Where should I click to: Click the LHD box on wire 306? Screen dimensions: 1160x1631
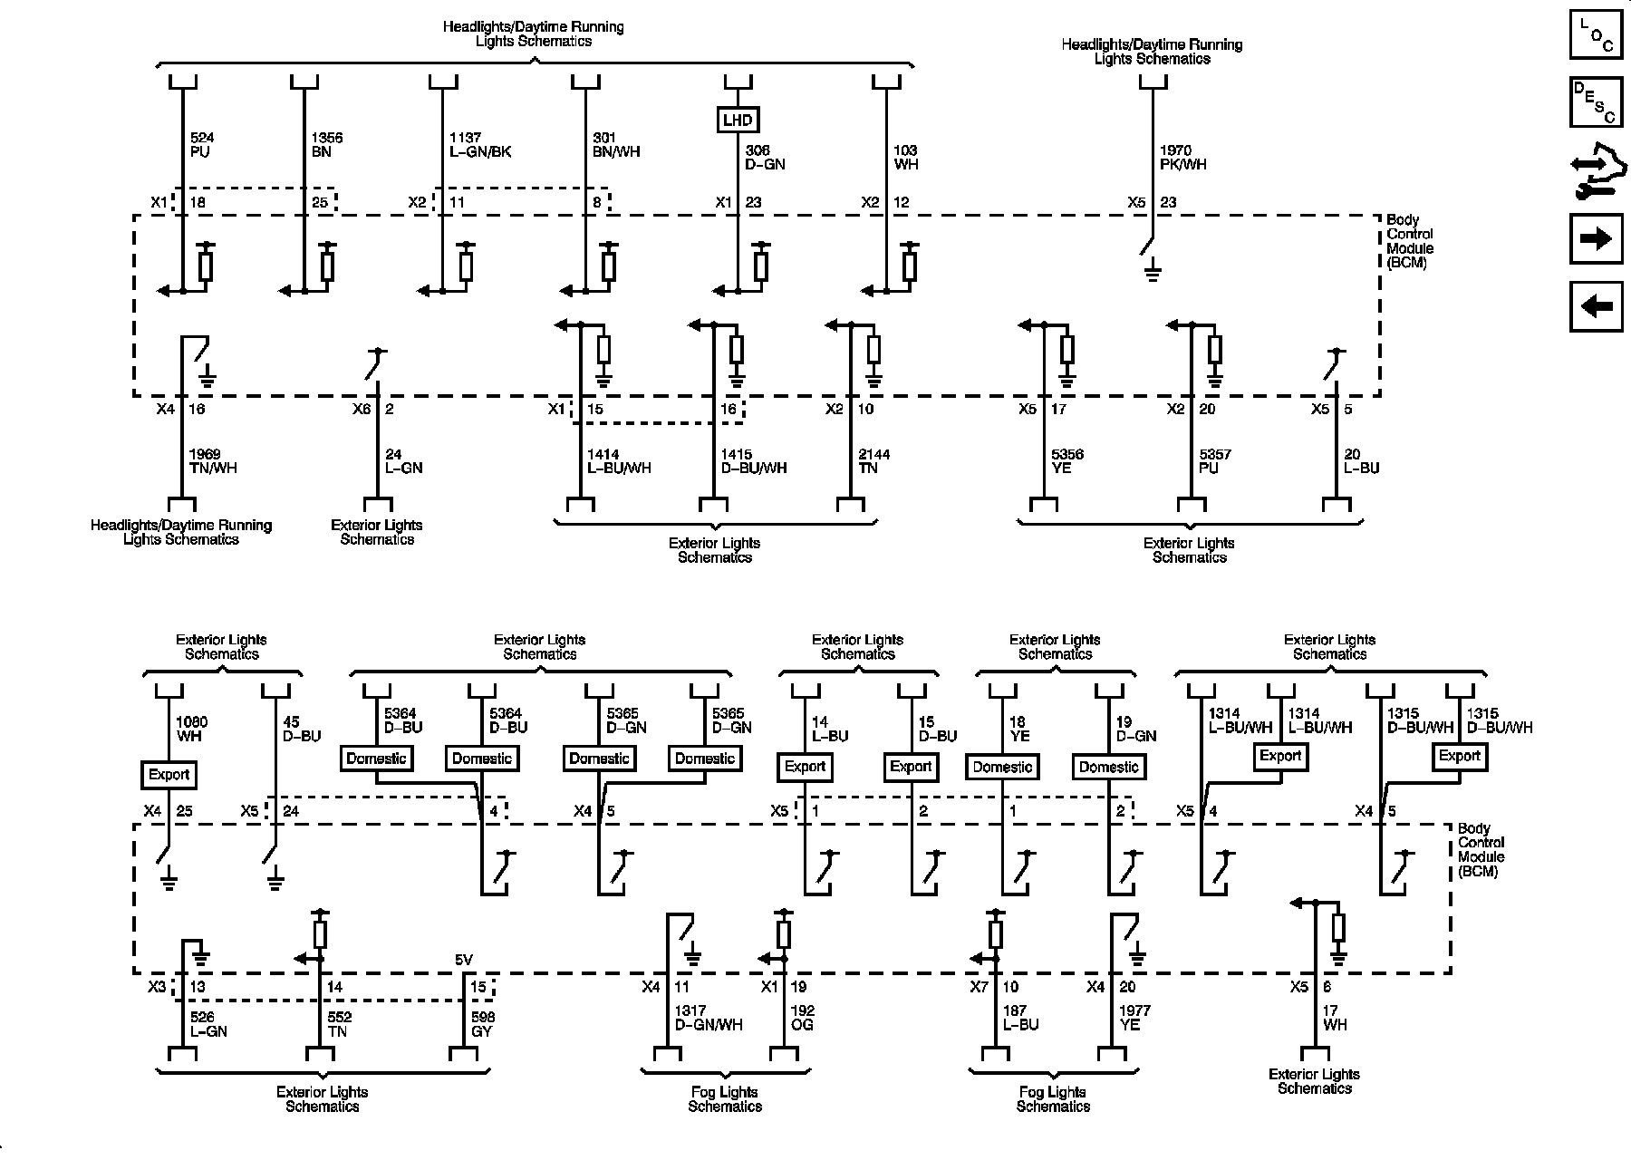tap(738, 120)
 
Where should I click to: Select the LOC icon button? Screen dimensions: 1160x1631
tap(1596, 34)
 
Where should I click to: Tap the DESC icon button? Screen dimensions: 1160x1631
tap(1596, 101)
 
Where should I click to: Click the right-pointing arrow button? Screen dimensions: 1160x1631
tap(1596, 238)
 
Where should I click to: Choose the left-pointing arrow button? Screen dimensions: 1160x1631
tap(1596, 306)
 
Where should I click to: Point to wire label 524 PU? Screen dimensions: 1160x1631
tap(202, 145)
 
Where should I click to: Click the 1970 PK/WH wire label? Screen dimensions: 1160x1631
tap(1182, 158)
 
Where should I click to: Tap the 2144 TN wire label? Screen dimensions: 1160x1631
tap(873, 461)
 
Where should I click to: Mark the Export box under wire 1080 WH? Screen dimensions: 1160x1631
tap(169, 775)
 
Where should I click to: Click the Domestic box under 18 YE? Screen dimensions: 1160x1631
tap(1002, 767)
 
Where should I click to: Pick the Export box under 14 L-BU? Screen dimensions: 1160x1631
tap(805, 767)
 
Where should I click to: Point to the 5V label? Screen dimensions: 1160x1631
tap(464, 961)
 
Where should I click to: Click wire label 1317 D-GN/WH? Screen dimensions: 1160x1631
tap(708, 1018)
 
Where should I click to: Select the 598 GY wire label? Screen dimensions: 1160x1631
tap(483, 1025)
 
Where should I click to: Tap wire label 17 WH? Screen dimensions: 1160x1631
tap(1335, 1018)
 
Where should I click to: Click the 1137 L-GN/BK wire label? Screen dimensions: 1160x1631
tap(479, 145)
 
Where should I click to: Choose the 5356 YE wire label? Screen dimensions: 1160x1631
tap(1067, 461)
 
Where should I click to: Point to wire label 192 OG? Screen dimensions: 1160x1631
tap(802, 1018)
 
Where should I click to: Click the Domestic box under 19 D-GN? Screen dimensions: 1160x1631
tap(1108, 767)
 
